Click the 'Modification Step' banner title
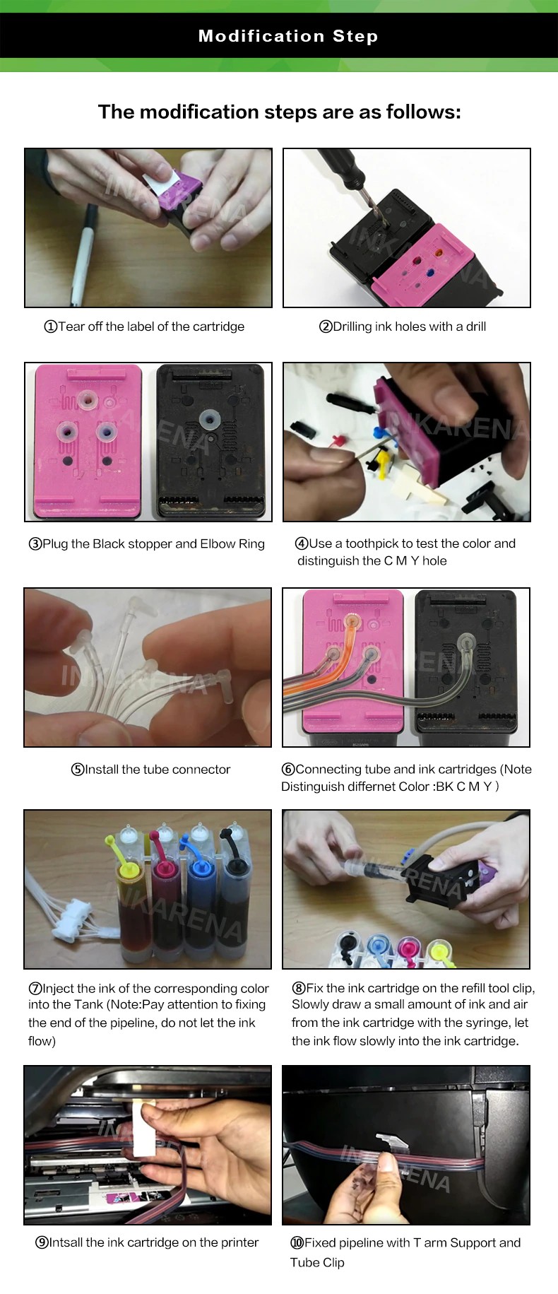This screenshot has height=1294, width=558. (288, 36)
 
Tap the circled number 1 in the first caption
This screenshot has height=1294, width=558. (50, 327)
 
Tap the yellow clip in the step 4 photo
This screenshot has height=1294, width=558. (381, 464)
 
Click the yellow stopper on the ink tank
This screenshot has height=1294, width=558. (117, 849)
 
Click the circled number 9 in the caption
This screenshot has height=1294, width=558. (42, 1242)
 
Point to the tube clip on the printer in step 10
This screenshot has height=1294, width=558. (390, 1142)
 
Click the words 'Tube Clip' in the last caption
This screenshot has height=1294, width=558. (317, 1262)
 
